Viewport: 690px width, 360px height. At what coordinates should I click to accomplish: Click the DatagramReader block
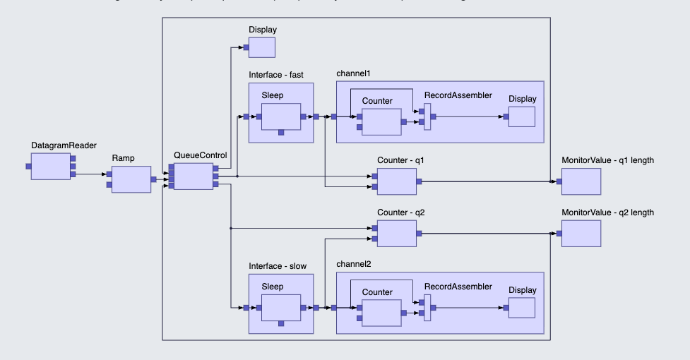click(50, 166)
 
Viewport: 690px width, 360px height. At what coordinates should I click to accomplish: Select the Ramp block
click(131, 179)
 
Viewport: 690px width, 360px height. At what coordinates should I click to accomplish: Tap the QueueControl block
click(193, 176)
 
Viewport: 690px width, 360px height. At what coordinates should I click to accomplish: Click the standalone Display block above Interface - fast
click(261, 47)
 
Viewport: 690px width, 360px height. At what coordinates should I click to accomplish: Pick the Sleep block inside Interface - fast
click(281, 116)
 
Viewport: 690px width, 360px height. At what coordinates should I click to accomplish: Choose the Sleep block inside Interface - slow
click(281, 308)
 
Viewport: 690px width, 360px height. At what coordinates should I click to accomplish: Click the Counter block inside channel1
click(381, 121)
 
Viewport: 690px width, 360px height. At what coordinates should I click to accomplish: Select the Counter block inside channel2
click(381, 312)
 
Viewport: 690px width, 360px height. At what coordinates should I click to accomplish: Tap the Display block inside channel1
click(521, 116)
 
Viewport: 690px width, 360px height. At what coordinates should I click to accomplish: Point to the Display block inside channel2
click(521, 308)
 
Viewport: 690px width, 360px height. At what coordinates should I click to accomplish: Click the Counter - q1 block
click(396, 181)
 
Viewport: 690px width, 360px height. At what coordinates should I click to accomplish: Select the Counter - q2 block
click(396, 233)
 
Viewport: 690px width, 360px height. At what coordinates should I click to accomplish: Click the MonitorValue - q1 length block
click(581, 181)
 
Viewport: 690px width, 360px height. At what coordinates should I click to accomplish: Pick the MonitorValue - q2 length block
click(581, 233)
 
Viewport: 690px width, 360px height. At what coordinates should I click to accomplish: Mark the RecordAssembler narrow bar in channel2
click(427, 308)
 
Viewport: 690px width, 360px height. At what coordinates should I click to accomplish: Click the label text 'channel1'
click(353, 73)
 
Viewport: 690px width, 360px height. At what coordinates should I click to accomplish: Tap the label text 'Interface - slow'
click(280, 265)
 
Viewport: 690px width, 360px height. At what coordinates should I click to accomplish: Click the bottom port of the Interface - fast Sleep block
click(281, 132)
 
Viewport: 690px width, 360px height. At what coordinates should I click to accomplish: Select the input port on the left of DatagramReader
click(28, 166)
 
